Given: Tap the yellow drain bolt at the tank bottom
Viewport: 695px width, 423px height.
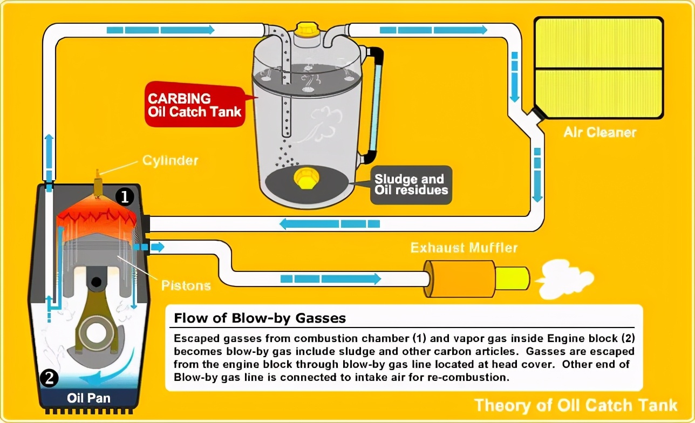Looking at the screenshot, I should tap(305, 178).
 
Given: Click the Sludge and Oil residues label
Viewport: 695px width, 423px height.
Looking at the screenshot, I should tap(410, 185).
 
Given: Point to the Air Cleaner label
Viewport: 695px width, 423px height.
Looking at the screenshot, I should tap(600, 132).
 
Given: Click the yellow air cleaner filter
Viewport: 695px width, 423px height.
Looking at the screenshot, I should tap(598, 68).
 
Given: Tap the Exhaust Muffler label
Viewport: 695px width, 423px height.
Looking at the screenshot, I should tap(464, 248).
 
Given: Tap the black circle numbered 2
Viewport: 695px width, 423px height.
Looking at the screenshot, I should tap(48, 379).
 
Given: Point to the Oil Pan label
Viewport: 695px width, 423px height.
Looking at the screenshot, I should tap(88, 399).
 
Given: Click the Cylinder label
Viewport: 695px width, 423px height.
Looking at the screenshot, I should tap(170, 160).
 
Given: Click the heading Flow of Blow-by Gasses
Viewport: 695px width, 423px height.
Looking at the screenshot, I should tap(260, 318).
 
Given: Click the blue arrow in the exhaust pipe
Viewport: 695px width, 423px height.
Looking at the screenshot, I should tap(330, 278).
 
